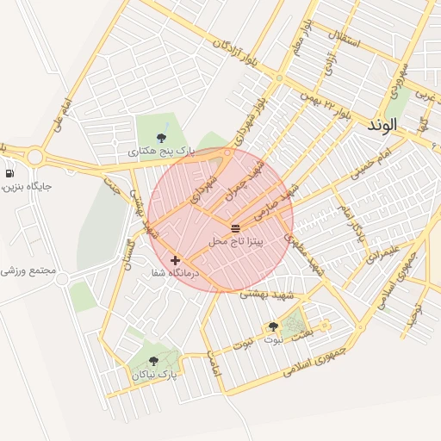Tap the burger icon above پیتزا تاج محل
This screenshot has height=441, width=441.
(235, 227)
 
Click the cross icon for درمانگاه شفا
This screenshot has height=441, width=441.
(175, 259)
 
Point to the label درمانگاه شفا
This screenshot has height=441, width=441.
(175, 273)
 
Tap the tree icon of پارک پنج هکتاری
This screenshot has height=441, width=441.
(161, 137)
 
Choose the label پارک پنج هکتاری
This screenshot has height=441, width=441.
(162, 152)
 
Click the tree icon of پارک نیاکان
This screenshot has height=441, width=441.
(153, 362)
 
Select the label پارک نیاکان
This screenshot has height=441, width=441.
(154, 376)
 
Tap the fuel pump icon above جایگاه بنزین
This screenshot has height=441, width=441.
(9, 173)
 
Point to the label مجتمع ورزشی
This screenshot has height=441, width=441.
(28, 270)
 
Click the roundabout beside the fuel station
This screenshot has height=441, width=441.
(35, 157)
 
